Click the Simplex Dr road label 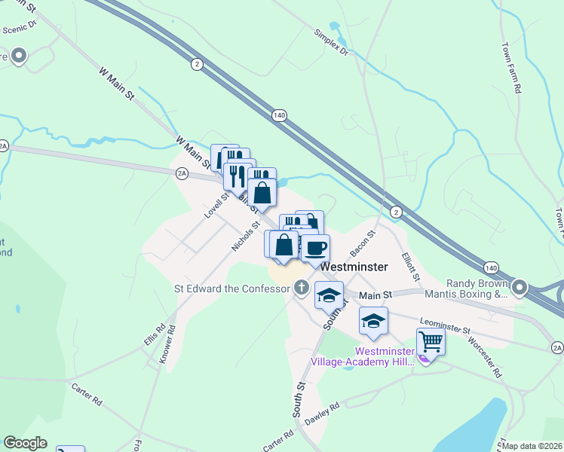pos(331,42)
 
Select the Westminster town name pos(354,267)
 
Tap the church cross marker pos(301,287)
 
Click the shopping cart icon pos(430,341)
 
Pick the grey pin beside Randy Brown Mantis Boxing pos(520,287)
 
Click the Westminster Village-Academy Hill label pos(363,356)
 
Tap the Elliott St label pos(409,263)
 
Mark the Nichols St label pos(246,237)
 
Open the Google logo pos(26,443)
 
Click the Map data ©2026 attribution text pos(532,446)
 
